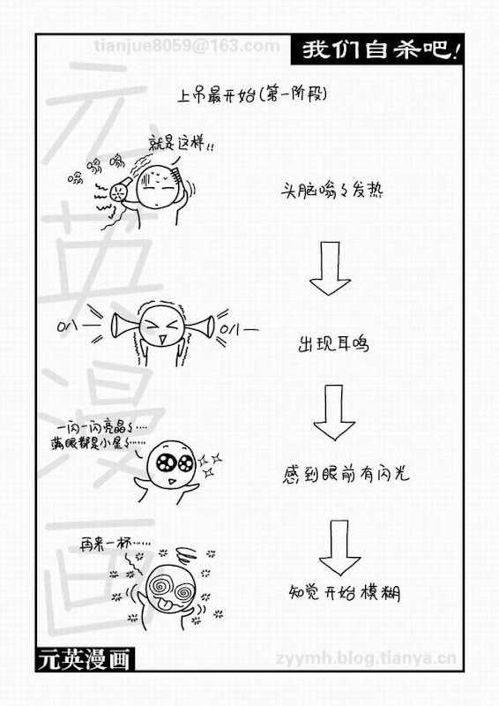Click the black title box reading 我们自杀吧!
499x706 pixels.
(377, 49)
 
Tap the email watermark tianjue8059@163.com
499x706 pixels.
(187, 46)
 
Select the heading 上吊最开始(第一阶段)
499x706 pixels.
(252, 94)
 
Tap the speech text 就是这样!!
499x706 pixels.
(181, 144)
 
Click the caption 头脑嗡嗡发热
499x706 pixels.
(331, 191)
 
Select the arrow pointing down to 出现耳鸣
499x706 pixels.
(330, 268)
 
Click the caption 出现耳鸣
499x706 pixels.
(333, 344)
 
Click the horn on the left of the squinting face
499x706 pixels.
(123, 326)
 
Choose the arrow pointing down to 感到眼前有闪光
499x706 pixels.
(334, 412)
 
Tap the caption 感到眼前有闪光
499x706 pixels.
(346, 474)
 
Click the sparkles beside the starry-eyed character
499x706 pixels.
(210, 465)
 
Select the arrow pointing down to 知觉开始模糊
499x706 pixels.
(339, 547)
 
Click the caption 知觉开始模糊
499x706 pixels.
(344, 592)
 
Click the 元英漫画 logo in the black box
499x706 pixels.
(84, 659)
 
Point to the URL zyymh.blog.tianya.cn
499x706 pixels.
(366, 658)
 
